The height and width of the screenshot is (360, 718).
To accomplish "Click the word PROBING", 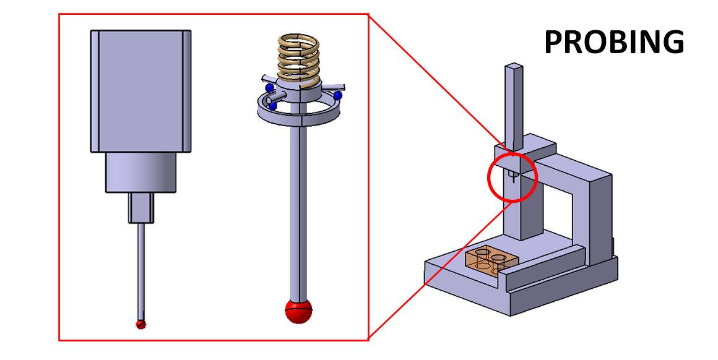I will point(613,42).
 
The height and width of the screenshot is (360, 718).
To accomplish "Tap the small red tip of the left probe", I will point(141,325).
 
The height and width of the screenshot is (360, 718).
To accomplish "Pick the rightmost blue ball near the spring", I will point(338,96).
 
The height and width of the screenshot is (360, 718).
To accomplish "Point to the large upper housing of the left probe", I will point(140,90).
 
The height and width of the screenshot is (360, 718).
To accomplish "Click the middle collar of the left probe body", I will point(140,173).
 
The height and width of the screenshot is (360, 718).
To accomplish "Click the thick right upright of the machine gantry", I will point(599,216).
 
